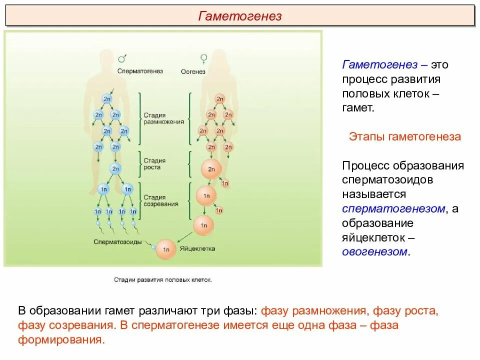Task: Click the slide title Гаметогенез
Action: [x=240, y=16]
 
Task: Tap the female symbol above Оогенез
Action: [x=203, y=59]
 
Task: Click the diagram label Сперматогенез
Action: [x=140, y=71]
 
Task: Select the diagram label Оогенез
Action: [x=193, y=71]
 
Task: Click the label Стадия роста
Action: [x=154, y=164]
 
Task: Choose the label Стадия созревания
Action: [x=161, y=201]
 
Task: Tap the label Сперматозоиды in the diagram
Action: [x=120, y=242]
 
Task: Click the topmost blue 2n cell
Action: [x=107, y=99]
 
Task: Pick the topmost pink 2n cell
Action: [x=219, y=99]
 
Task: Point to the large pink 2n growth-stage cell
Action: [x=210, y=169]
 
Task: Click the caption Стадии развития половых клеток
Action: [x=163, y=280]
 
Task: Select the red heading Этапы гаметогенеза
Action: [x=404, y=136]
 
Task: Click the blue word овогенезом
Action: [x=374, y=251]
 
